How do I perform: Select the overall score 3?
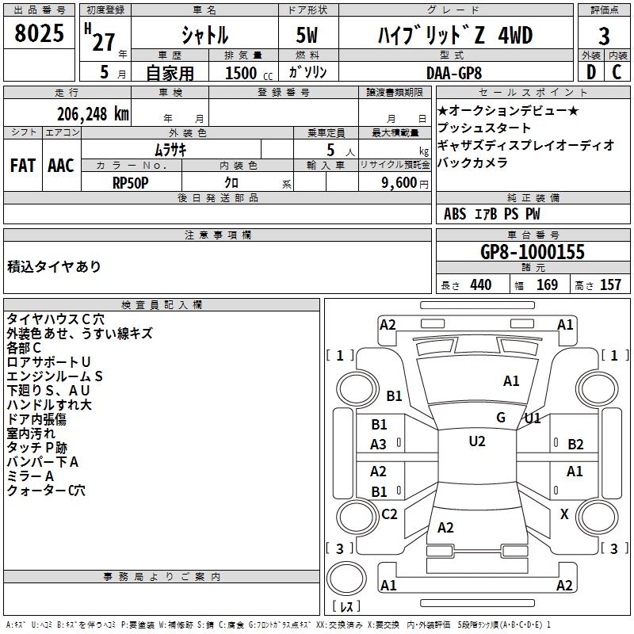point(604,36)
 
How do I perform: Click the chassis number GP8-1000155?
point(533,252)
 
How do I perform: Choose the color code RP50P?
point(131,182)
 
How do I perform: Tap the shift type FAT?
point(22,165)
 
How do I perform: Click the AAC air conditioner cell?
point(61,165)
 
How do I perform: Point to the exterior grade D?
point(590,72)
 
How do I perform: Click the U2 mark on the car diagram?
point(476,441)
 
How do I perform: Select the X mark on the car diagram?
point(564,514)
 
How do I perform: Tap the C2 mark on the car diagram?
point(389,514)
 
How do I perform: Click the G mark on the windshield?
point(501,418)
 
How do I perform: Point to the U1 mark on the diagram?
point(533,418)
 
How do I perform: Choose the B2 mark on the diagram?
point(575,445)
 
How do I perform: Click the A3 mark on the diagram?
point(379,445)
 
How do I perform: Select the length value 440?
point(480,285)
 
